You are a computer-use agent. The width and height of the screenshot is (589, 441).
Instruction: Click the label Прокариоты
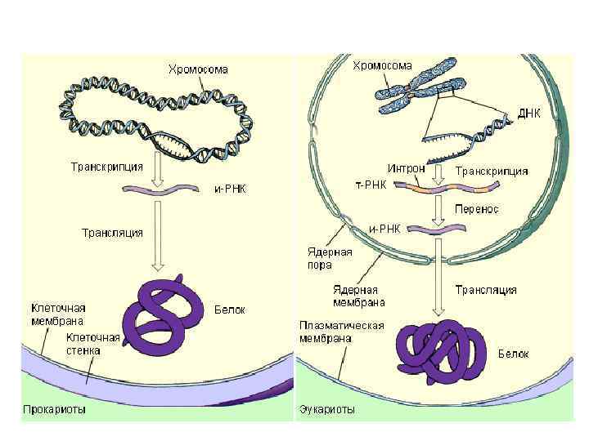pos(53,408)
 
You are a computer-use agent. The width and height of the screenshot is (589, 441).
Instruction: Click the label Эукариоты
pos(327,409)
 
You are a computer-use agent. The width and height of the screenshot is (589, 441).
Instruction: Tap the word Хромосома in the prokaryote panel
pos(198,69)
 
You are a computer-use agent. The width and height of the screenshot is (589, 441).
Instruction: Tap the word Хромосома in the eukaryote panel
pos(382,65)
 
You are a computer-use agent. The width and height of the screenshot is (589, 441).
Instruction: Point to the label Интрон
pos(406,168)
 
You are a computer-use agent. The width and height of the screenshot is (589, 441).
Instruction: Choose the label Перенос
pos(478,209)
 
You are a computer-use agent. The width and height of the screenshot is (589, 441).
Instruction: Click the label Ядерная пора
pos(330,258)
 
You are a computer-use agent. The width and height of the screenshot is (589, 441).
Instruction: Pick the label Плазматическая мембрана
pos(340,331)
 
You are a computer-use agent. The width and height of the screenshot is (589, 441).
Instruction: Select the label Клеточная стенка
pos(94,344)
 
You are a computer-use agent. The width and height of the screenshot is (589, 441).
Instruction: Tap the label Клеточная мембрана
pos(58,315)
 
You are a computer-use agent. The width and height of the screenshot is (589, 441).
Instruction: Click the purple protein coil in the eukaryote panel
pos(442,352)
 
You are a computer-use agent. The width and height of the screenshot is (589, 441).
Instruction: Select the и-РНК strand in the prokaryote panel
pos(160,189)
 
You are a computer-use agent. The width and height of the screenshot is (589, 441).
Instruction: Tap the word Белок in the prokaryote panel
pos(229,310)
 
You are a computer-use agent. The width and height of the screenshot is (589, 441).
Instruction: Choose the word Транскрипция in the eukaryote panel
pos(491,171)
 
